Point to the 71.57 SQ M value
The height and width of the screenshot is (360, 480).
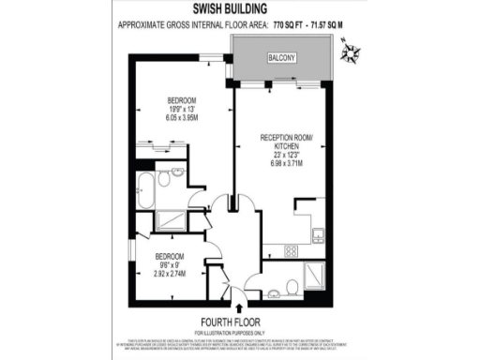323,28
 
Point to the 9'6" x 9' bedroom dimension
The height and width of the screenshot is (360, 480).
169,264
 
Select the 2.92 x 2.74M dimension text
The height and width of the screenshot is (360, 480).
169,274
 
